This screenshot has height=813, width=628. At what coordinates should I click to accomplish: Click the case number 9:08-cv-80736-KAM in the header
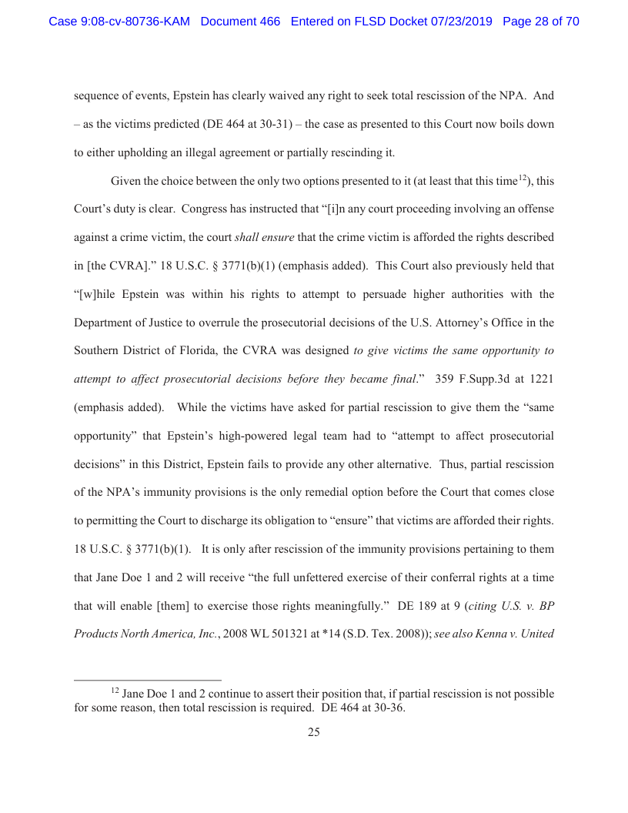119,22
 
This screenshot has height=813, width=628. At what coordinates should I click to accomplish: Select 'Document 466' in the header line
240,22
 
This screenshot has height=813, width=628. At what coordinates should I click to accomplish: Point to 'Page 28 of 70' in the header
540,22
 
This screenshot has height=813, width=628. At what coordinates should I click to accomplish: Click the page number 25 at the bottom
314,732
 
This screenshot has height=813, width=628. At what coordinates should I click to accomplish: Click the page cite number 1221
539,378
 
